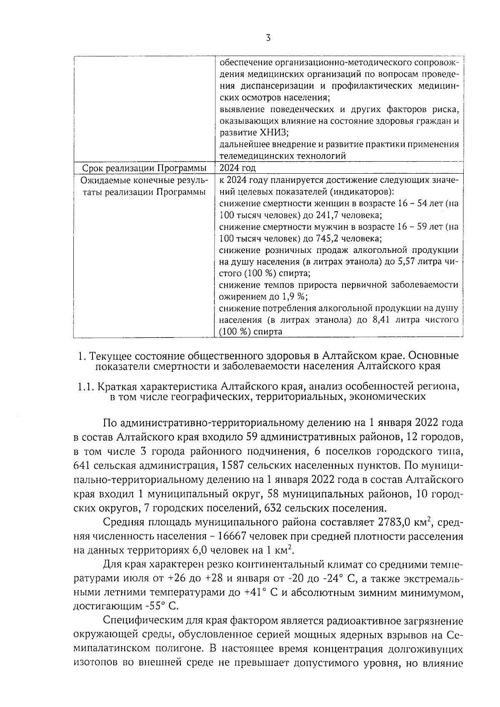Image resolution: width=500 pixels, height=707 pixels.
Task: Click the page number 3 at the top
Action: coord(268,38)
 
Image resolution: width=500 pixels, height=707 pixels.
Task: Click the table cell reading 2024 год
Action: coord(237,168)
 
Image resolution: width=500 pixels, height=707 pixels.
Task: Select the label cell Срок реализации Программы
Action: coord(144,168)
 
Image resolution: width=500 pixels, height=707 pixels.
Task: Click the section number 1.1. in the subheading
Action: coord(86,386)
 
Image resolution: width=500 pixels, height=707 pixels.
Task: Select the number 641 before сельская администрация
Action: coord(82,465)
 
